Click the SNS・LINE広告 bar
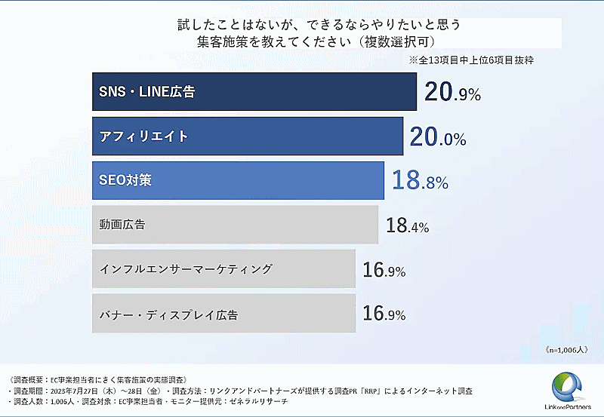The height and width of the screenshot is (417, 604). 254,92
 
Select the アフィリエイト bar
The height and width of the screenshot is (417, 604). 247,136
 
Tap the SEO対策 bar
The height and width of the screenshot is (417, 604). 238,181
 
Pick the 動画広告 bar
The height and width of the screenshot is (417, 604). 234,225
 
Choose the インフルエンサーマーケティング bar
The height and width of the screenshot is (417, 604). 223,269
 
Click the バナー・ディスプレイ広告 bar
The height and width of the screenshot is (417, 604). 223,313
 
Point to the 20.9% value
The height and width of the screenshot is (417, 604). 452,93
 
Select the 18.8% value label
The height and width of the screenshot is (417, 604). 420,181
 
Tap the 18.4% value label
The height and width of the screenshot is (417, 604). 407,225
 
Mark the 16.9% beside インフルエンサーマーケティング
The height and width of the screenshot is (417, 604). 384,270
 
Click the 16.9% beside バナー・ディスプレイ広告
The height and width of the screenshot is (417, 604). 384,314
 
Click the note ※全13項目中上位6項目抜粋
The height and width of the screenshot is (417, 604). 472,60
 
